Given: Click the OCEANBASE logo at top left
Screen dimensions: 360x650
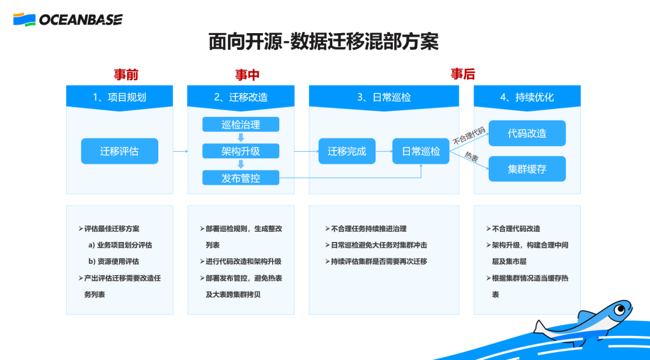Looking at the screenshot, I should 67,19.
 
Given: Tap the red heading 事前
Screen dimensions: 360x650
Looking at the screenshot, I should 126,75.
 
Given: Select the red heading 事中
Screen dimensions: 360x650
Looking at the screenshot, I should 247,75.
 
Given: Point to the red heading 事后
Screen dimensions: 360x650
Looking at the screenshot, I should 463,74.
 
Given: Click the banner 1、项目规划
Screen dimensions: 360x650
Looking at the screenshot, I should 119,97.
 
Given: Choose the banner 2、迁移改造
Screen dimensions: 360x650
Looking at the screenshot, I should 241,97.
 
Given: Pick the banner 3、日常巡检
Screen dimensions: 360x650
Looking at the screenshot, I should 384,97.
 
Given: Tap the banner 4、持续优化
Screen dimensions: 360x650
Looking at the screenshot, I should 527,97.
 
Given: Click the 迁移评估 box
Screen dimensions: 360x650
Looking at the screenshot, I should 119,151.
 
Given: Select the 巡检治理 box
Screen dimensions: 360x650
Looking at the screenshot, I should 241,125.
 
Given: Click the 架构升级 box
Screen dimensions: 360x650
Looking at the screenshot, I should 241,151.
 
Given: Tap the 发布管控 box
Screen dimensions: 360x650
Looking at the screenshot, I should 241,178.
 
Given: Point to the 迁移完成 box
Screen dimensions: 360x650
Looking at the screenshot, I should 347,151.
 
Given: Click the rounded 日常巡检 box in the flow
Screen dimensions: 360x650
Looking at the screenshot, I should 421,151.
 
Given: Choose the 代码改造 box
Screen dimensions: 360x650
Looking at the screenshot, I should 527,133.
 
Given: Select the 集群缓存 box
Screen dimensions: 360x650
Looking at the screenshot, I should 527,169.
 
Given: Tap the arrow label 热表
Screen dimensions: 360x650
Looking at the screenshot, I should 471,158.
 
